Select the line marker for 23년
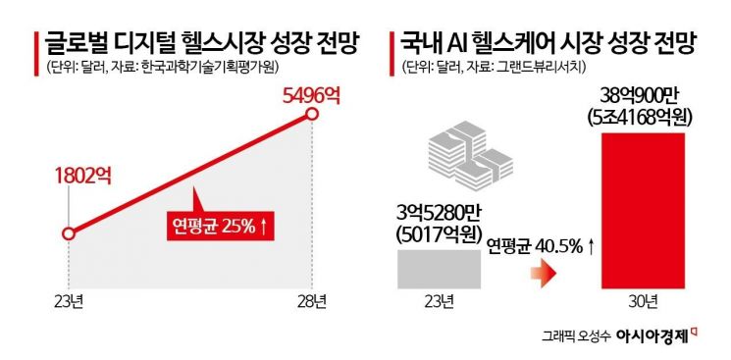[x=68, y=233]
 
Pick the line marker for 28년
[x=312, y=115]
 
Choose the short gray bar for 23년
[x=438, y=269]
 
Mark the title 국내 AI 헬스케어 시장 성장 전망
[x=553, y=42]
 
